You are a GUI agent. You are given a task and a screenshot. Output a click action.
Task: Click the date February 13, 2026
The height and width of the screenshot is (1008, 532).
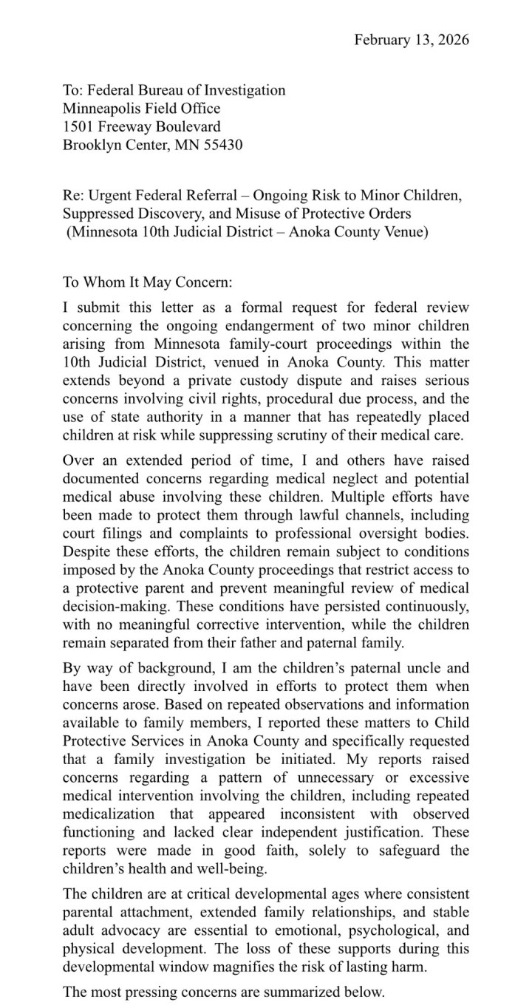point(412,39)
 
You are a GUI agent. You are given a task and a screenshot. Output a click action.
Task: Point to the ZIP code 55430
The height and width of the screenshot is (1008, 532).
point(221,146)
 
